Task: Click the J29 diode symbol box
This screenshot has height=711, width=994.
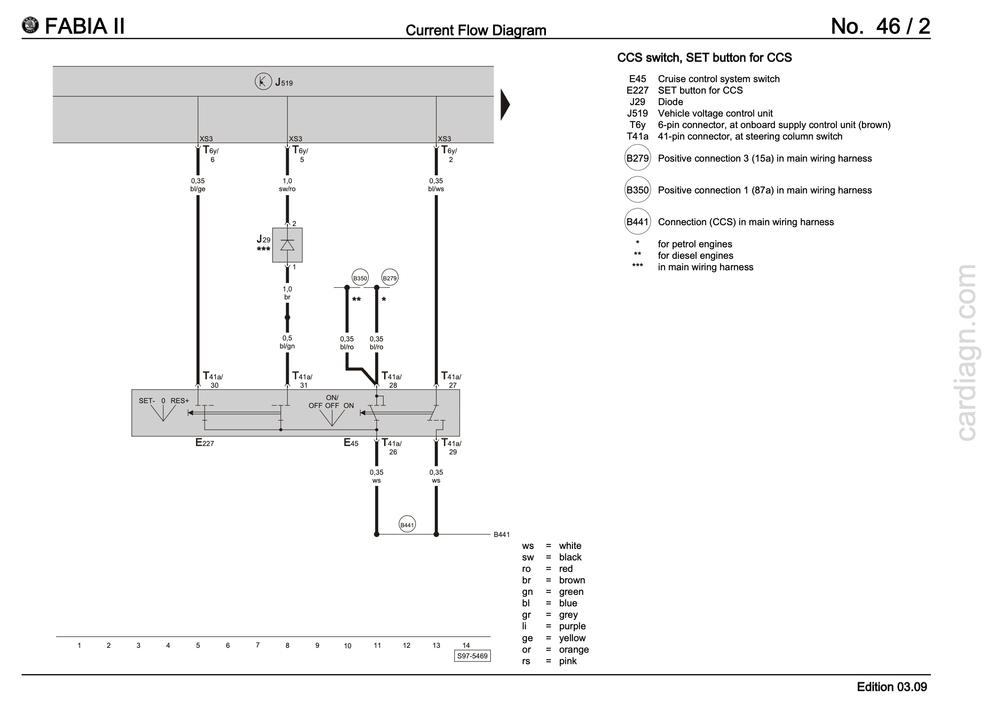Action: pos(287,245)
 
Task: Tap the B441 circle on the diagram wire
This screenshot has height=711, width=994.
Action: pos(407,525)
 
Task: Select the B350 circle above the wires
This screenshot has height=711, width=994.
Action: pos(360,278)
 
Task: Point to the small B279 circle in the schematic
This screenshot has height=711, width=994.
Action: pos(390,278)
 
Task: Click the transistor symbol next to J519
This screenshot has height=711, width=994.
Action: pos(263,82)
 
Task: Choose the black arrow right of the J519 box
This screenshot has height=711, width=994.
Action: pos(505,105)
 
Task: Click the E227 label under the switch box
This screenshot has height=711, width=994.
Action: pos(204,442)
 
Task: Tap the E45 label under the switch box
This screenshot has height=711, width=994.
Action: pos(351,442)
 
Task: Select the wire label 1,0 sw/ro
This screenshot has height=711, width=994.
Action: pos(287,185)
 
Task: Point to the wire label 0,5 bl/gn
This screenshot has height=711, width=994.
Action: pos(287,342)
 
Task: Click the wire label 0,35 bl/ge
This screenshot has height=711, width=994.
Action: pos(198,185)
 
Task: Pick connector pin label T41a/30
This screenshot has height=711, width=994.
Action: pos(213,380)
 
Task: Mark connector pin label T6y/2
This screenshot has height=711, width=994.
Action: pos(449,154)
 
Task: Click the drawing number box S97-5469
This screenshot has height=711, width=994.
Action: pos(472,656)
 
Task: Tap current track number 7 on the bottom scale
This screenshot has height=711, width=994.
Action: pos(257,645)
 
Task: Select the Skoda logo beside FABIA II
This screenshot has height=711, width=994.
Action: pos(30,26)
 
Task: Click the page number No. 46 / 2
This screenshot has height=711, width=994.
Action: pos(880,26)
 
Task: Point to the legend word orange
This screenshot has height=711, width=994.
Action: pos(574,650)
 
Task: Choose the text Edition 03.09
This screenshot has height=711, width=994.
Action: pos(892,687)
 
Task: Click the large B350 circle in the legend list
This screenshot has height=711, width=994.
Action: pos(637,190)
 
